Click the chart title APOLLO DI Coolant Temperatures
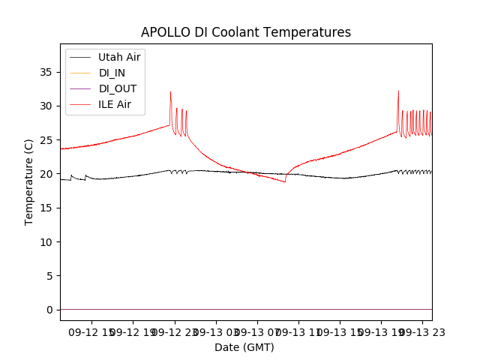246,32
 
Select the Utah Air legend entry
119,57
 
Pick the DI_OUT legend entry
118,88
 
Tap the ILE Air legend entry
115,104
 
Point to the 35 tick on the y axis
46,72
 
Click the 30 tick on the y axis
46,106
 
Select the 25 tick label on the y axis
46,139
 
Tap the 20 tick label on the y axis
46,174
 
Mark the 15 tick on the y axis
46,208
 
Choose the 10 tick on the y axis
46,241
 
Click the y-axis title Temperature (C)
29,181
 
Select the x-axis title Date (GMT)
244,347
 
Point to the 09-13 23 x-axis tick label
421,331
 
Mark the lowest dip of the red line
285,182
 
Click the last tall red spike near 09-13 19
398,91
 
